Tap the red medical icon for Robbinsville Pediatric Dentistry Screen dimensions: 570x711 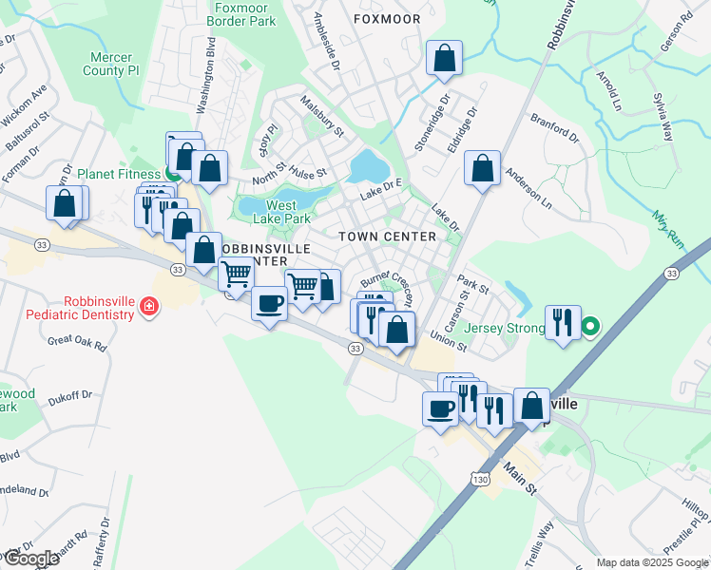(149, 306)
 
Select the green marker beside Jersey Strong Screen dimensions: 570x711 (589, 328)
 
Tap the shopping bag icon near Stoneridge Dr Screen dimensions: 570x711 (444, 59)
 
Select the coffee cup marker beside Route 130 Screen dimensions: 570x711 (440, 408)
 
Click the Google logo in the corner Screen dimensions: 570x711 (30, 558)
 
